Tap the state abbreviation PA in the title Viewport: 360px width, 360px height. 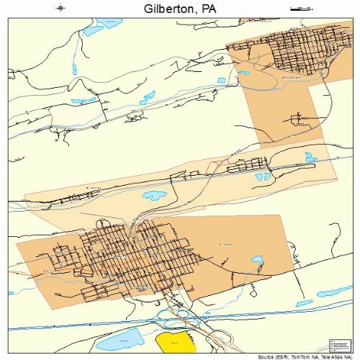click(x=207, y=10)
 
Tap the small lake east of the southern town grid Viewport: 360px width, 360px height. click(x=257, y=258)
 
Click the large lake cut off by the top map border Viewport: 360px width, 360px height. click(x=94, y=30)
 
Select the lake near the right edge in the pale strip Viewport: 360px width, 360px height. click(x=311, y=157)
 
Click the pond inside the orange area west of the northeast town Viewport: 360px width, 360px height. click(x=243, y=72)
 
